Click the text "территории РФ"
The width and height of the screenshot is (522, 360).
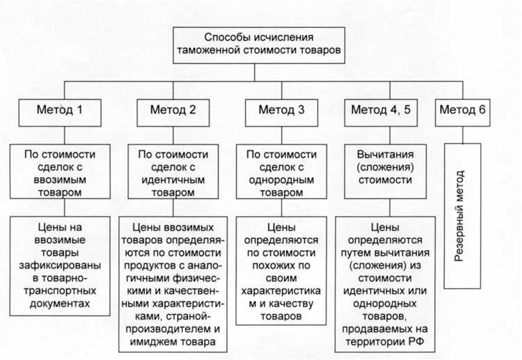tap(380, 341)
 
